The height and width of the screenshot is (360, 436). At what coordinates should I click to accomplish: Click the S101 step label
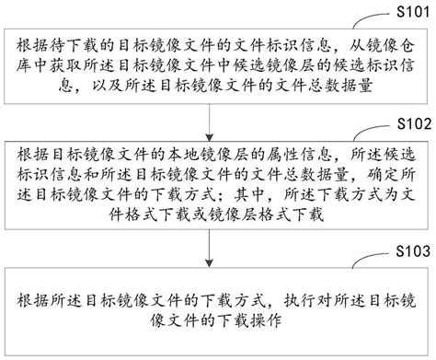pyautogui.click(x=413, y=10)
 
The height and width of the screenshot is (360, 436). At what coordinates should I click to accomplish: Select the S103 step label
pyautogui.click(x=413, y=250)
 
